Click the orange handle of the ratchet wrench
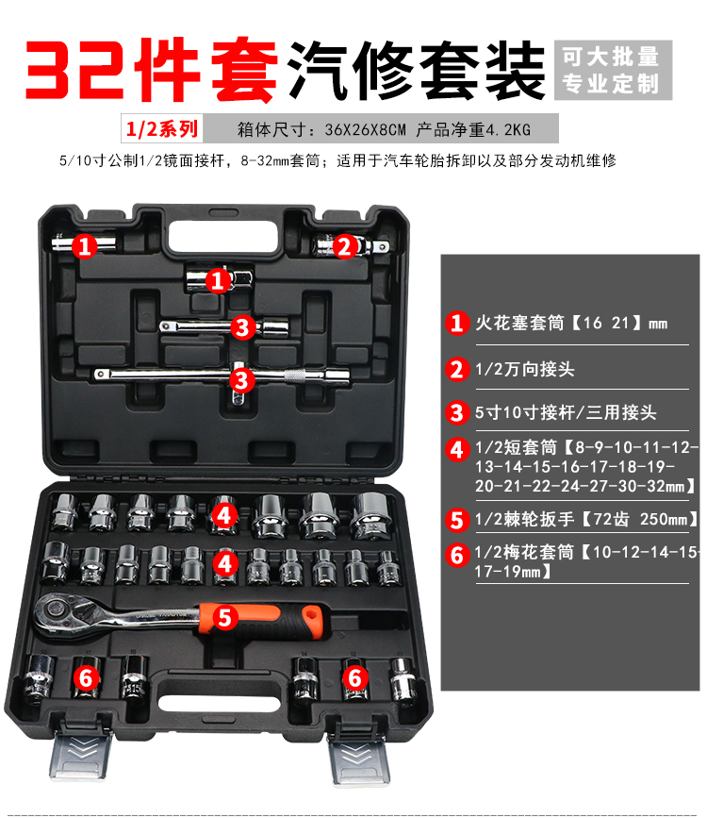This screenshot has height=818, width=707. pos(261,621)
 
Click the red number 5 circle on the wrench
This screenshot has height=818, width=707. pos(224,617)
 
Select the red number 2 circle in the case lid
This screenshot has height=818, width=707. pos(344,246)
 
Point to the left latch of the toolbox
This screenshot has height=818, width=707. pos(81,752)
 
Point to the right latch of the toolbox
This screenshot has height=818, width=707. pos(359,757)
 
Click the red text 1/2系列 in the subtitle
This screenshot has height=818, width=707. pos(161,128)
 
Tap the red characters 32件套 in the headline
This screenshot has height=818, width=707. pos(151,69)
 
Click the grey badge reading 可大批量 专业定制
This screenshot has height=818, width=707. pos(613,70)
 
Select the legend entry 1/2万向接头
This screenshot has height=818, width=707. pos(524,369)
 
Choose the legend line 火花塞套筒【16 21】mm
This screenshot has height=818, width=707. pos(571,324)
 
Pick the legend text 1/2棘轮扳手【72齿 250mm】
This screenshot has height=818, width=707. pos(586,520)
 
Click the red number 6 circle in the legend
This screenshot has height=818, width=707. pos(457,555)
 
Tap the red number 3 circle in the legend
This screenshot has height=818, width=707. pos(457,412)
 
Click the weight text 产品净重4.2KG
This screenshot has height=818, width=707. pos(473,129)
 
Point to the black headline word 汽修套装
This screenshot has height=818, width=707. pos(416,70)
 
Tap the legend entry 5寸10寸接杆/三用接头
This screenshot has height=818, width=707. pos(566,412)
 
